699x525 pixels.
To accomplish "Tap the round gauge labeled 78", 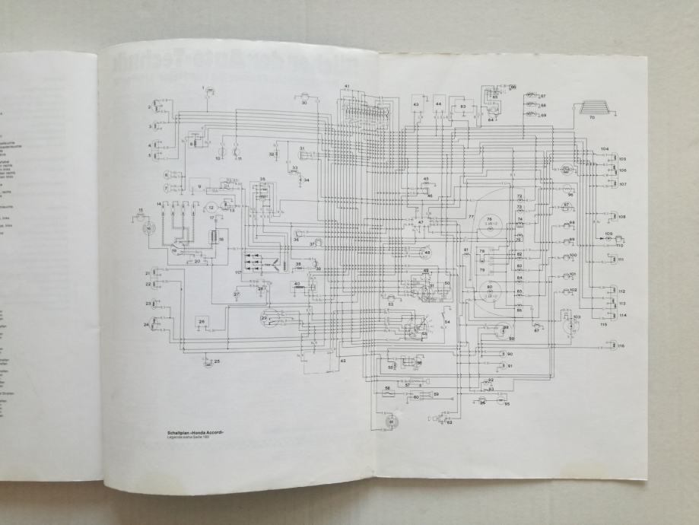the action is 491,222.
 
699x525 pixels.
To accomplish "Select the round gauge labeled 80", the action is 491,290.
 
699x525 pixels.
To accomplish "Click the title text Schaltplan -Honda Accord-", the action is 200,432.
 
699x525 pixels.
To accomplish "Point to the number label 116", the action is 621,346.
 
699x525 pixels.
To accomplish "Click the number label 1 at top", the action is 204,88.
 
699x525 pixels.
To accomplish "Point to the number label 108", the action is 621,217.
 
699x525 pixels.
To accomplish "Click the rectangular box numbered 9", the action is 200,186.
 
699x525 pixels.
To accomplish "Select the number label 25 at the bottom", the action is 217,361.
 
